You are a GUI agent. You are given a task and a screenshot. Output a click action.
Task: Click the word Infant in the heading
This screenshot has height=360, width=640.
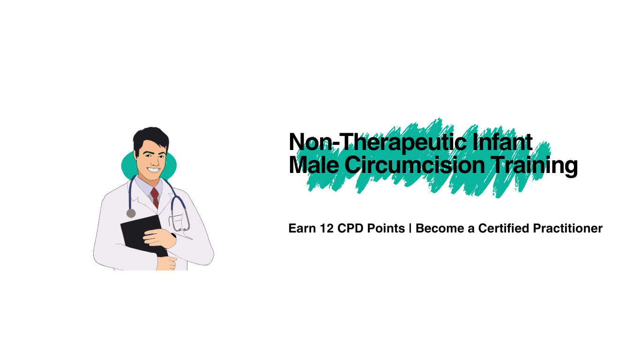(x=502, y=142)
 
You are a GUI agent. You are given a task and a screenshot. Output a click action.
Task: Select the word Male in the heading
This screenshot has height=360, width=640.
(x=314, y=165)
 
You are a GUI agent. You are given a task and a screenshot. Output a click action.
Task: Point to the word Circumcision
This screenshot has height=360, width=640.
(x=415, y=165)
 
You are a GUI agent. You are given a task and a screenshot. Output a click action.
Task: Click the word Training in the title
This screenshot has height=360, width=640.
(x=535, y=166)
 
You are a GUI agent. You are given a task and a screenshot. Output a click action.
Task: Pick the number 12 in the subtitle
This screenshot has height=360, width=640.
(x=327, y=228)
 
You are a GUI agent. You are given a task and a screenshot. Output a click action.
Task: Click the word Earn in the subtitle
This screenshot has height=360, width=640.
(x=302, y=228)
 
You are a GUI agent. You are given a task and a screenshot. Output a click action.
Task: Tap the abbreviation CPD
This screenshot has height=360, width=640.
(x=350, y=228)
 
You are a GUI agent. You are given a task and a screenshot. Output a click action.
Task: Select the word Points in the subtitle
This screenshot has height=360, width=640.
(x=386, y=228)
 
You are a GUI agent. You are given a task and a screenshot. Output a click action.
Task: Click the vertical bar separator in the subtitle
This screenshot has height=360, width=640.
(x=410, y=228)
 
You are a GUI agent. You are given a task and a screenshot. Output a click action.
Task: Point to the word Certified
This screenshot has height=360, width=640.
(x=503, y=228)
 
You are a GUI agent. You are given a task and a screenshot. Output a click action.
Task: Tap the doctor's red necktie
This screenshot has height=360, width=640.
(x=155, y=198)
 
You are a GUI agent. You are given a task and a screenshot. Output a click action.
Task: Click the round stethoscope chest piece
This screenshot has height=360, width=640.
(x=131, y=213)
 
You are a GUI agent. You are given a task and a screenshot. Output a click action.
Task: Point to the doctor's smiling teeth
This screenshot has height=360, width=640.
(x=154, y=170)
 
